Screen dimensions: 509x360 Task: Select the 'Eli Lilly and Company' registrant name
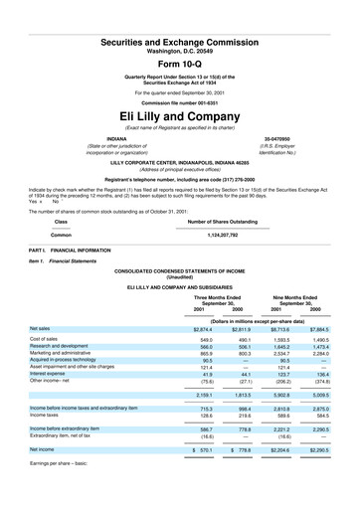[x=180, y=114]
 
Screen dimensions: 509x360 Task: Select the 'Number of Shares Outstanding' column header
[x=224, y=221]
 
